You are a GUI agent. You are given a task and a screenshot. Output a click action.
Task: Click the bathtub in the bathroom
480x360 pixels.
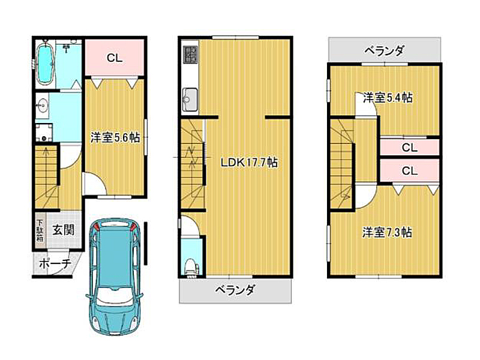pos(45,63)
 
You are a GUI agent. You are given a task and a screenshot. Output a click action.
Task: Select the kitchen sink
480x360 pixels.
pos(190,100)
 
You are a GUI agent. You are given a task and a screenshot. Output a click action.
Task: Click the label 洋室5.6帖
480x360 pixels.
pos(115,138)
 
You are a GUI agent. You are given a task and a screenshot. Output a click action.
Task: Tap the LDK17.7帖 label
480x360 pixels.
pos(249,162)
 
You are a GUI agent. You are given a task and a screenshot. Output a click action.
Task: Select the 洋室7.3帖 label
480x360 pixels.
pos(387,232)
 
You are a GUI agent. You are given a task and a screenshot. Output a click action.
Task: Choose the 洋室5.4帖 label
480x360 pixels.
pos(388,98)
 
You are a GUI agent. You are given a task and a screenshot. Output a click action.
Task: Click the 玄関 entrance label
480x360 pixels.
pos(64,230)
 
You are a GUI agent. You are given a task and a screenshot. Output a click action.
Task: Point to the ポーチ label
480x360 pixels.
pos(55,263)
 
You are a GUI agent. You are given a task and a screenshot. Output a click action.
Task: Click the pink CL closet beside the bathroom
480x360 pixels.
pos(115,57)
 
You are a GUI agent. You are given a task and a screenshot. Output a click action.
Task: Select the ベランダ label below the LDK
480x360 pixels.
pos(235,290)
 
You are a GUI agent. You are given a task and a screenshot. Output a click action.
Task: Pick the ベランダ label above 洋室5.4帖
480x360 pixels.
pos(385,50)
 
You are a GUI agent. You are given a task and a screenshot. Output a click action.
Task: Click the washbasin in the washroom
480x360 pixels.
pos(42,106)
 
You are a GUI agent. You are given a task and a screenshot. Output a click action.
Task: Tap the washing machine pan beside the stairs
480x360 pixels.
pos(44,132)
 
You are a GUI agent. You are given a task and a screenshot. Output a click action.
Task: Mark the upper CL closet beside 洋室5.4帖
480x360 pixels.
pos(410,148)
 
